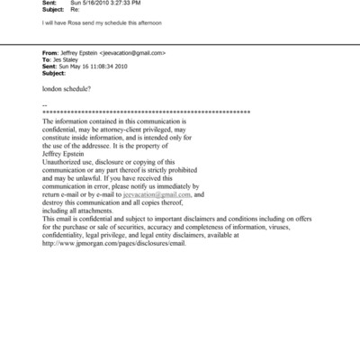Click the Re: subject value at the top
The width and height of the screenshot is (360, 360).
(x=76, y=12)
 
